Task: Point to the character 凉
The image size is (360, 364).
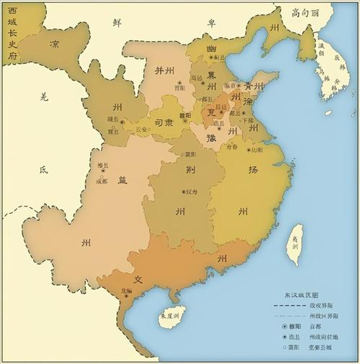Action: coord(55,43)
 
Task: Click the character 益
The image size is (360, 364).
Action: coord(122,181)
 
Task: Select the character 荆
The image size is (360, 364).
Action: coord(190,170)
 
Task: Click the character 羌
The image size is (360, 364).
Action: coord(44,96)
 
